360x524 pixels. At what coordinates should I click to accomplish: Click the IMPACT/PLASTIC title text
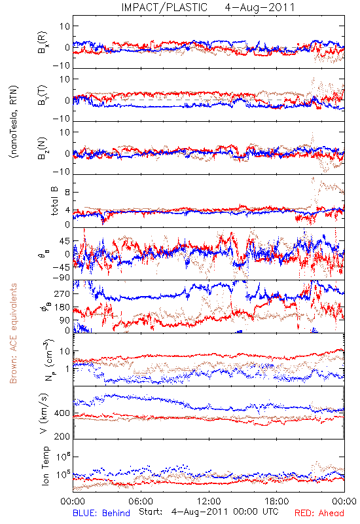164,7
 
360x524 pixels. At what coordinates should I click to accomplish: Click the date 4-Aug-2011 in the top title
259,7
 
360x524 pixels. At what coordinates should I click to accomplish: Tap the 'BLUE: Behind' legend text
101,513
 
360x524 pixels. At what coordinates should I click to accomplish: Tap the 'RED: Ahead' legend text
319,513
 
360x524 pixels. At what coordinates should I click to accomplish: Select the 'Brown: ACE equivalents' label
13,333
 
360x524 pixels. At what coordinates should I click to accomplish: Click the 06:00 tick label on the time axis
141,501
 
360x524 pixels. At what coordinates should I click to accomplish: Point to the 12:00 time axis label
209,501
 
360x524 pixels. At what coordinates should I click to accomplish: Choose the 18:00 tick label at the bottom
277,501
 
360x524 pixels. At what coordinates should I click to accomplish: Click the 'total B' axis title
54,201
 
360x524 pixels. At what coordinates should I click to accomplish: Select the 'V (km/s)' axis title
44,413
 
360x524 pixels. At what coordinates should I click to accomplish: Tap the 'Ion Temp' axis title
45,466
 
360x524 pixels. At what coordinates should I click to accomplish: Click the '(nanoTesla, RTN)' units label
14,121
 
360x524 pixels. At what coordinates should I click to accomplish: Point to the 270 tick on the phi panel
62,293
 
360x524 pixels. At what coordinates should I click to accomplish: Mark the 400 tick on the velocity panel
62,413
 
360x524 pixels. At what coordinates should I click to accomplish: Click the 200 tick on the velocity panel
62,436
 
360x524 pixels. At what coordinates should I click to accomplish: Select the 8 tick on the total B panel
67,192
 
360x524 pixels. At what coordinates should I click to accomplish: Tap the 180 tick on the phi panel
62,307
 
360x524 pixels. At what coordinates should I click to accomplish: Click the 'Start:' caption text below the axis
151,512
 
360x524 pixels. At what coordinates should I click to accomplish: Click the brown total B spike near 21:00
313,182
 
